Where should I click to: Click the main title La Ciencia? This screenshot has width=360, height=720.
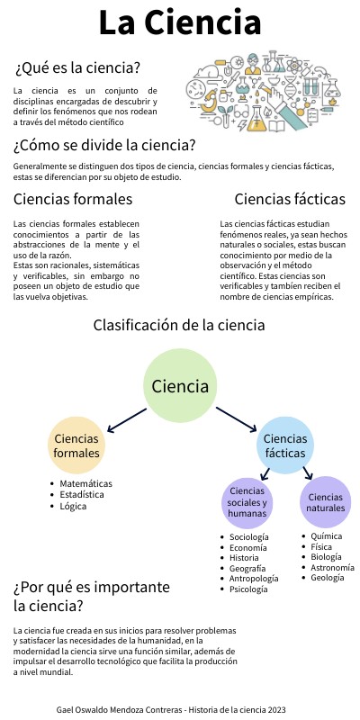pos(180,22)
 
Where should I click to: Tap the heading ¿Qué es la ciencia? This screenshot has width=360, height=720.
pos(77,68)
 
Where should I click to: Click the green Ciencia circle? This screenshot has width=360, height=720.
pos(180,386)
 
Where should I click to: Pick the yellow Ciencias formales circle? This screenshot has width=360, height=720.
pos(76,445)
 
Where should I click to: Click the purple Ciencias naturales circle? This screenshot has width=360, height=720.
pos(325,502)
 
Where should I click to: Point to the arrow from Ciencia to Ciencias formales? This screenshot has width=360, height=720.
pos(126,418)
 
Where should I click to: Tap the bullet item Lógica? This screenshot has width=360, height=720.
pos(75,508)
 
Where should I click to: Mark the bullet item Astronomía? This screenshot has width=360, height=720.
pos(332,568)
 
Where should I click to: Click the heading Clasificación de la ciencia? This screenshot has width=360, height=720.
pos(179,325)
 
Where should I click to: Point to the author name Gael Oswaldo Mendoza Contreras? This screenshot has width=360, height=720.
pos(121,710)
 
